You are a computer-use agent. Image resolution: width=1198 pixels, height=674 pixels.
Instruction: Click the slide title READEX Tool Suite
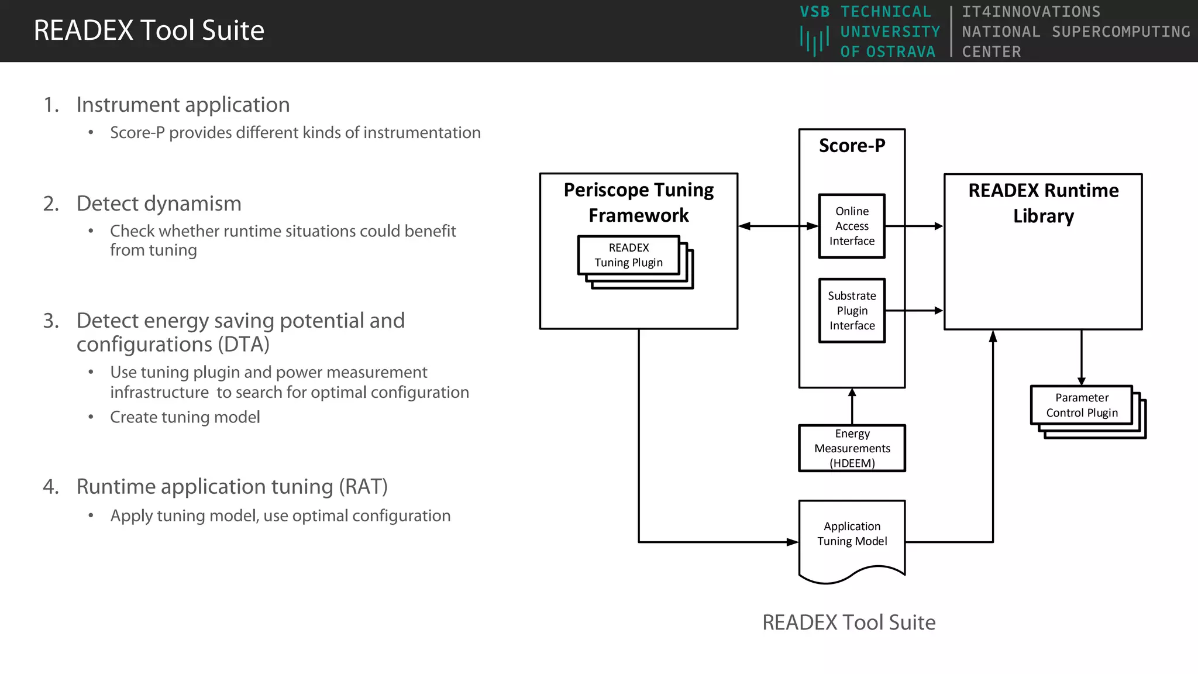pos(149,30)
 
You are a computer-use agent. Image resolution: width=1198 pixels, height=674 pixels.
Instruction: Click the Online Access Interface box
pos(851,226)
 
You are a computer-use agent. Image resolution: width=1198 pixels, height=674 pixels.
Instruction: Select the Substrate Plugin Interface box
pos(851,311)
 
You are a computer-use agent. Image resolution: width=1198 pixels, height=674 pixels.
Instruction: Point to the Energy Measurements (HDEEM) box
pos(852,448)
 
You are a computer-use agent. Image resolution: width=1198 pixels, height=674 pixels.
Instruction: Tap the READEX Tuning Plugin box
pos(628,255)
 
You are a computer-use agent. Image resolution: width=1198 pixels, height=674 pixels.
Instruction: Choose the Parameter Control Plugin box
pos(1081,405)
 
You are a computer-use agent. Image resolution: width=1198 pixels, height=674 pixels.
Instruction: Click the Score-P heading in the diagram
pos(852,145)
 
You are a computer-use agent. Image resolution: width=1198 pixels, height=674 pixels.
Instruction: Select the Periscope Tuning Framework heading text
pos(638,202)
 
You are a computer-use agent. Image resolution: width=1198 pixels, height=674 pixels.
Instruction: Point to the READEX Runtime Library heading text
pos(1043,203)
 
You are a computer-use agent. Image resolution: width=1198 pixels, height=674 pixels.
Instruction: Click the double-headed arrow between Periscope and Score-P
pos(778,226)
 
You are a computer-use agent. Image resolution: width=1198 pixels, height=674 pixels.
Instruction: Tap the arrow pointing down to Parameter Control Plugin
pos(1081,357)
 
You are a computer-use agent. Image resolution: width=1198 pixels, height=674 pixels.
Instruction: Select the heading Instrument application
pos(183,105)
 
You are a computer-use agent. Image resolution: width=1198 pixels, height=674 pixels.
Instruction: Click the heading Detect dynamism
pos(159,204)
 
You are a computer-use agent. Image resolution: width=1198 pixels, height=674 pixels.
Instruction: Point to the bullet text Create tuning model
pos(185,417)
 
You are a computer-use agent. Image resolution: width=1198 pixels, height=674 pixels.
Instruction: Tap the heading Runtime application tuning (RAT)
pos(232,487)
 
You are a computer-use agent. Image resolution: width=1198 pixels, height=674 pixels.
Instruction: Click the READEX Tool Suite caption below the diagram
pos(848,623)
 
